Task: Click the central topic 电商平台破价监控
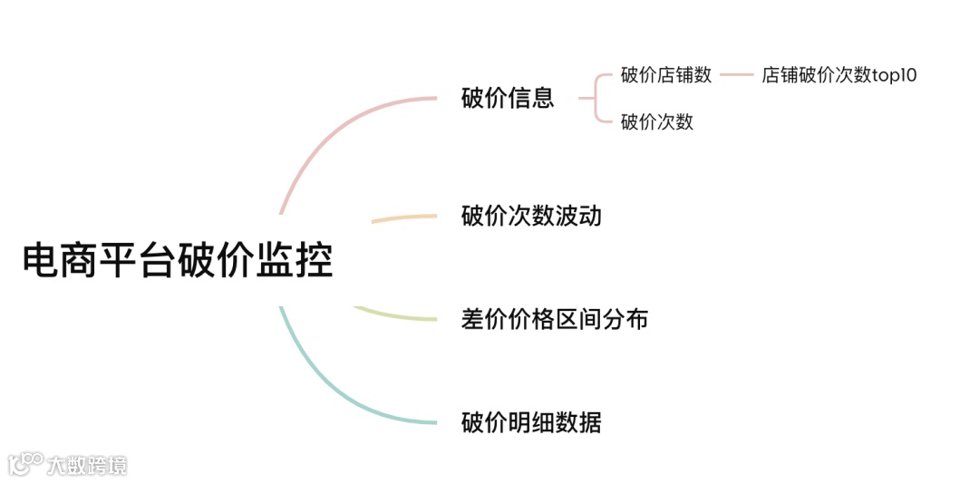[178, 260]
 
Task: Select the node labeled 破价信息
[508, 98]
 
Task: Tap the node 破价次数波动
[531, 216]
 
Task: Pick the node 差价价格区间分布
[555, 319]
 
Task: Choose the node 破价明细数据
[531, 422]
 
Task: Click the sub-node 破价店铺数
[666, 75]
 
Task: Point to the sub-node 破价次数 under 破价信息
[657, 121]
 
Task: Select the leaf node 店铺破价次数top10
[839, 75]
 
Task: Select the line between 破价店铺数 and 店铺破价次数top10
[736, 75]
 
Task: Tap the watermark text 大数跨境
[87, 466]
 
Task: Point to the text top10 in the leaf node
[895, 75]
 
